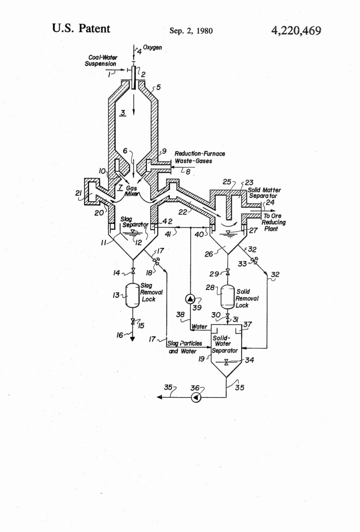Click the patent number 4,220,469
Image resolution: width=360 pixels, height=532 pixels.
coord(296,30)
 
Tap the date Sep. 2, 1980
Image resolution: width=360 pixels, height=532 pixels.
coord(191,31)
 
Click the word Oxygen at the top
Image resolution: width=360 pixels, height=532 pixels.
coord(153,47)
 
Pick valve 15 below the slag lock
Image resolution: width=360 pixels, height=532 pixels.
coord(133,321)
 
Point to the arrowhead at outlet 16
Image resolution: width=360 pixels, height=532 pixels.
coord(133,339)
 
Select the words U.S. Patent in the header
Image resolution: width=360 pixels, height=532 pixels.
coord(81,28)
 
